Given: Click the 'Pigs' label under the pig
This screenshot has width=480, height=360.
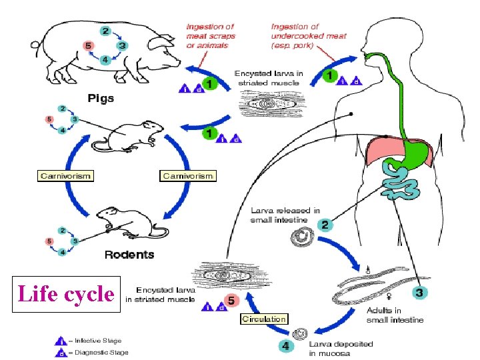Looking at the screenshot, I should pos(101,98).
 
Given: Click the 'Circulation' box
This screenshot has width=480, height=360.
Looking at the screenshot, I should pos(264,319).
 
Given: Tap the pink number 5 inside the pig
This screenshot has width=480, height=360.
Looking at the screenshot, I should pos(87,46).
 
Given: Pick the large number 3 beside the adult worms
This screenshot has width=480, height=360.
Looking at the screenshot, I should pos(419,292).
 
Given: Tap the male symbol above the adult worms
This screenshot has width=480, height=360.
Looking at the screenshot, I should pos(367,270).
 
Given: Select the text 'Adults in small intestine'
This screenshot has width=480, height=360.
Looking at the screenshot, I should pos(395,315).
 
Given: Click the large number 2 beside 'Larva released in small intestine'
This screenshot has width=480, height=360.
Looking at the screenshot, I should pos(325,224).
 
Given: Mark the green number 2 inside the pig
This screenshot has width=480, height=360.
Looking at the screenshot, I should pos(105,31).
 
